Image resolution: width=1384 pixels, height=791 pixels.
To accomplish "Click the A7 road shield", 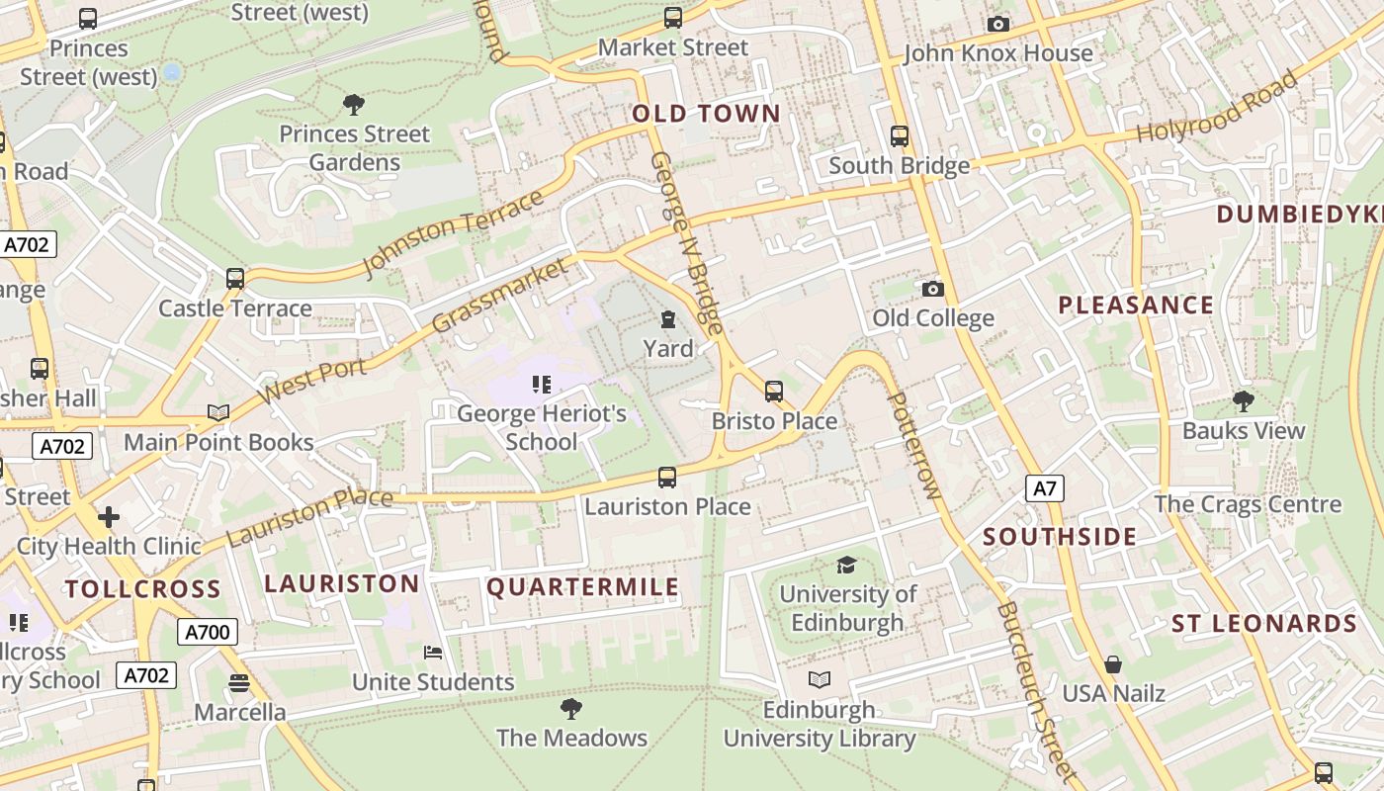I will [1045, 487].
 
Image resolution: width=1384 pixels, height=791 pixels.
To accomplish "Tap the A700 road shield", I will [208, 632].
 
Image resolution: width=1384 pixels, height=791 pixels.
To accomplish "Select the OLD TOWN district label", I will [706, 114].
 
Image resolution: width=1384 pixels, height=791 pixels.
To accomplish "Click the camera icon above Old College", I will [932, 289].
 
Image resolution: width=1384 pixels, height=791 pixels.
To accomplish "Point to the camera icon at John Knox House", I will [998, 24].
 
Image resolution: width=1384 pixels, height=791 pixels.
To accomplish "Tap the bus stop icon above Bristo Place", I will [774, 391].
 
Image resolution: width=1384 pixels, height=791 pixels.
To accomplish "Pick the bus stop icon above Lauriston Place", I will [667, 478].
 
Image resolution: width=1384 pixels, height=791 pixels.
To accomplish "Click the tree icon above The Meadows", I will [570, 708].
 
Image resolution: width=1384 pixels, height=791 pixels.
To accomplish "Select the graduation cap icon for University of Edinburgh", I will [846, 565].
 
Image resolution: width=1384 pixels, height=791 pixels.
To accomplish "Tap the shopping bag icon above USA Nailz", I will [1113, 663].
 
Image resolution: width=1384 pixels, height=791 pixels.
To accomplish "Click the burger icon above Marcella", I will [238, 683].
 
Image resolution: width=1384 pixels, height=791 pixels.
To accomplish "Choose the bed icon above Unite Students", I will [433, 653].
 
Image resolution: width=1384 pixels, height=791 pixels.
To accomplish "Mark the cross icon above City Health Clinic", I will [109, 516].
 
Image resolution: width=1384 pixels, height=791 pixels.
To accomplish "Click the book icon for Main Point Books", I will [218, 412].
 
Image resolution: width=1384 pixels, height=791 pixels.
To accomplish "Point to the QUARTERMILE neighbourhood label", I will [583, 587].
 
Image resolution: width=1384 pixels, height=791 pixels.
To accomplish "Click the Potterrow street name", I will [914, 445].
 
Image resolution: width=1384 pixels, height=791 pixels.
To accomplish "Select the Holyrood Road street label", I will [1216, 107].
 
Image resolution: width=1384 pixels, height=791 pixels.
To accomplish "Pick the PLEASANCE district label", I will [1136, 306].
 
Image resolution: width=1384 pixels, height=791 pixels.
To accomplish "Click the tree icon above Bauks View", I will [1244, 400].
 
